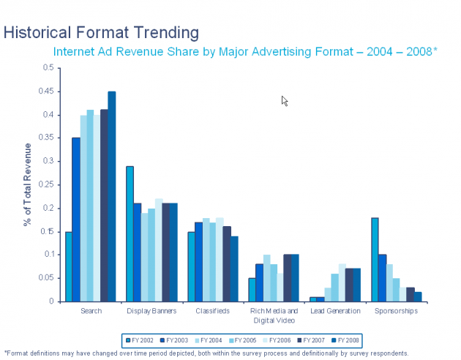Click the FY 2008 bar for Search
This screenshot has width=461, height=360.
[x=112, y=196]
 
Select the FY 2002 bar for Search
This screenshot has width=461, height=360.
[x=69, y=266]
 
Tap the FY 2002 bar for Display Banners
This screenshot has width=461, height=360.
[x=130, y=233]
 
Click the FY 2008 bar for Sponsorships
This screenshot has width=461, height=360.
[x=417, y=296]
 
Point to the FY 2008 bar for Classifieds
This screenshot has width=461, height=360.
[x=234, y=269]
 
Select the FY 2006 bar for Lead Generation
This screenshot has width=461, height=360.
[x=342, y=282]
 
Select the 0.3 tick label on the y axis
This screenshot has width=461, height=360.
[x=49, y=161]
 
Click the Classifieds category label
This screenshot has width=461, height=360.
[x=214, y=311]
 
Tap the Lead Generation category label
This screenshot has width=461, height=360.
[x=336, y=311]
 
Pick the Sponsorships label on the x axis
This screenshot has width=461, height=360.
[x=397, y=311]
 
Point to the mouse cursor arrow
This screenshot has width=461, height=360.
[x=284, y=100]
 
